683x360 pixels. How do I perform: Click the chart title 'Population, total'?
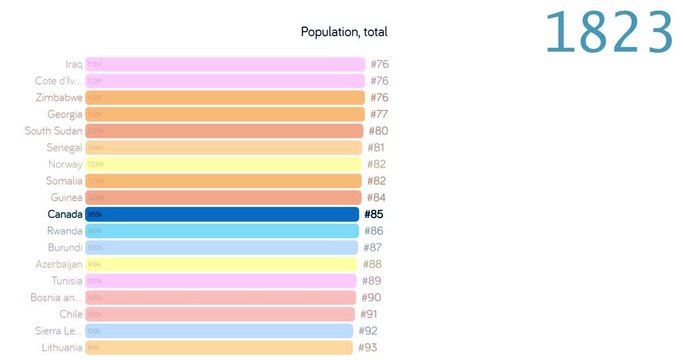coord(343,32)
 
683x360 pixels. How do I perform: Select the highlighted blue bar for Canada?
coord(222,214)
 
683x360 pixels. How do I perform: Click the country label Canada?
coord(64,214)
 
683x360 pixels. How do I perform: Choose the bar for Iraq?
coord(225,64)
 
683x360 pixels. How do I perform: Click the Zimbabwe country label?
coord(56,98)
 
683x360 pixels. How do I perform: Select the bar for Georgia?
coord(225,114)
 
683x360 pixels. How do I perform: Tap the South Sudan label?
coord(52,131)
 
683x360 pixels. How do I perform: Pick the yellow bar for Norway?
coord(224,164)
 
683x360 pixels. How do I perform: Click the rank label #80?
coord(378,131)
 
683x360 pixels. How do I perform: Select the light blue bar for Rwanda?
coord(222,231)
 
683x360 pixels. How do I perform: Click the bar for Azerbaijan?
coord(221,264)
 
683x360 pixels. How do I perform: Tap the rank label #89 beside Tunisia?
coord(371,281)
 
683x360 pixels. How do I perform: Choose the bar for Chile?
coord(220,314)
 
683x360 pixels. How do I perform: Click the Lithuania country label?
coord(59,348)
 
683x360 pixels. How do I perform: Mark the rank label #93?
coord(367,348)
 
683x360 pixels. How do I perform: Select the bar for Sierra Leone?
coord(219,331)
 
